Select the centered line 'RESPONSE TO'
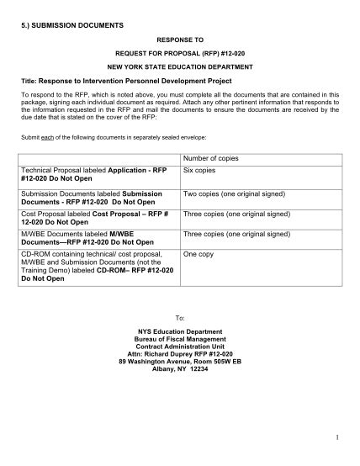coord(180,39)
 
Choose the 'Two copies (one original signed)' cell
coord(236,193)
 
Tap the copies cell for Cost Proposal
coord(238,214)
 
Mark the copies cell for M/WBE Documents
coord(238,234)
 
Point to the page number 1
coord(334,437)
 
